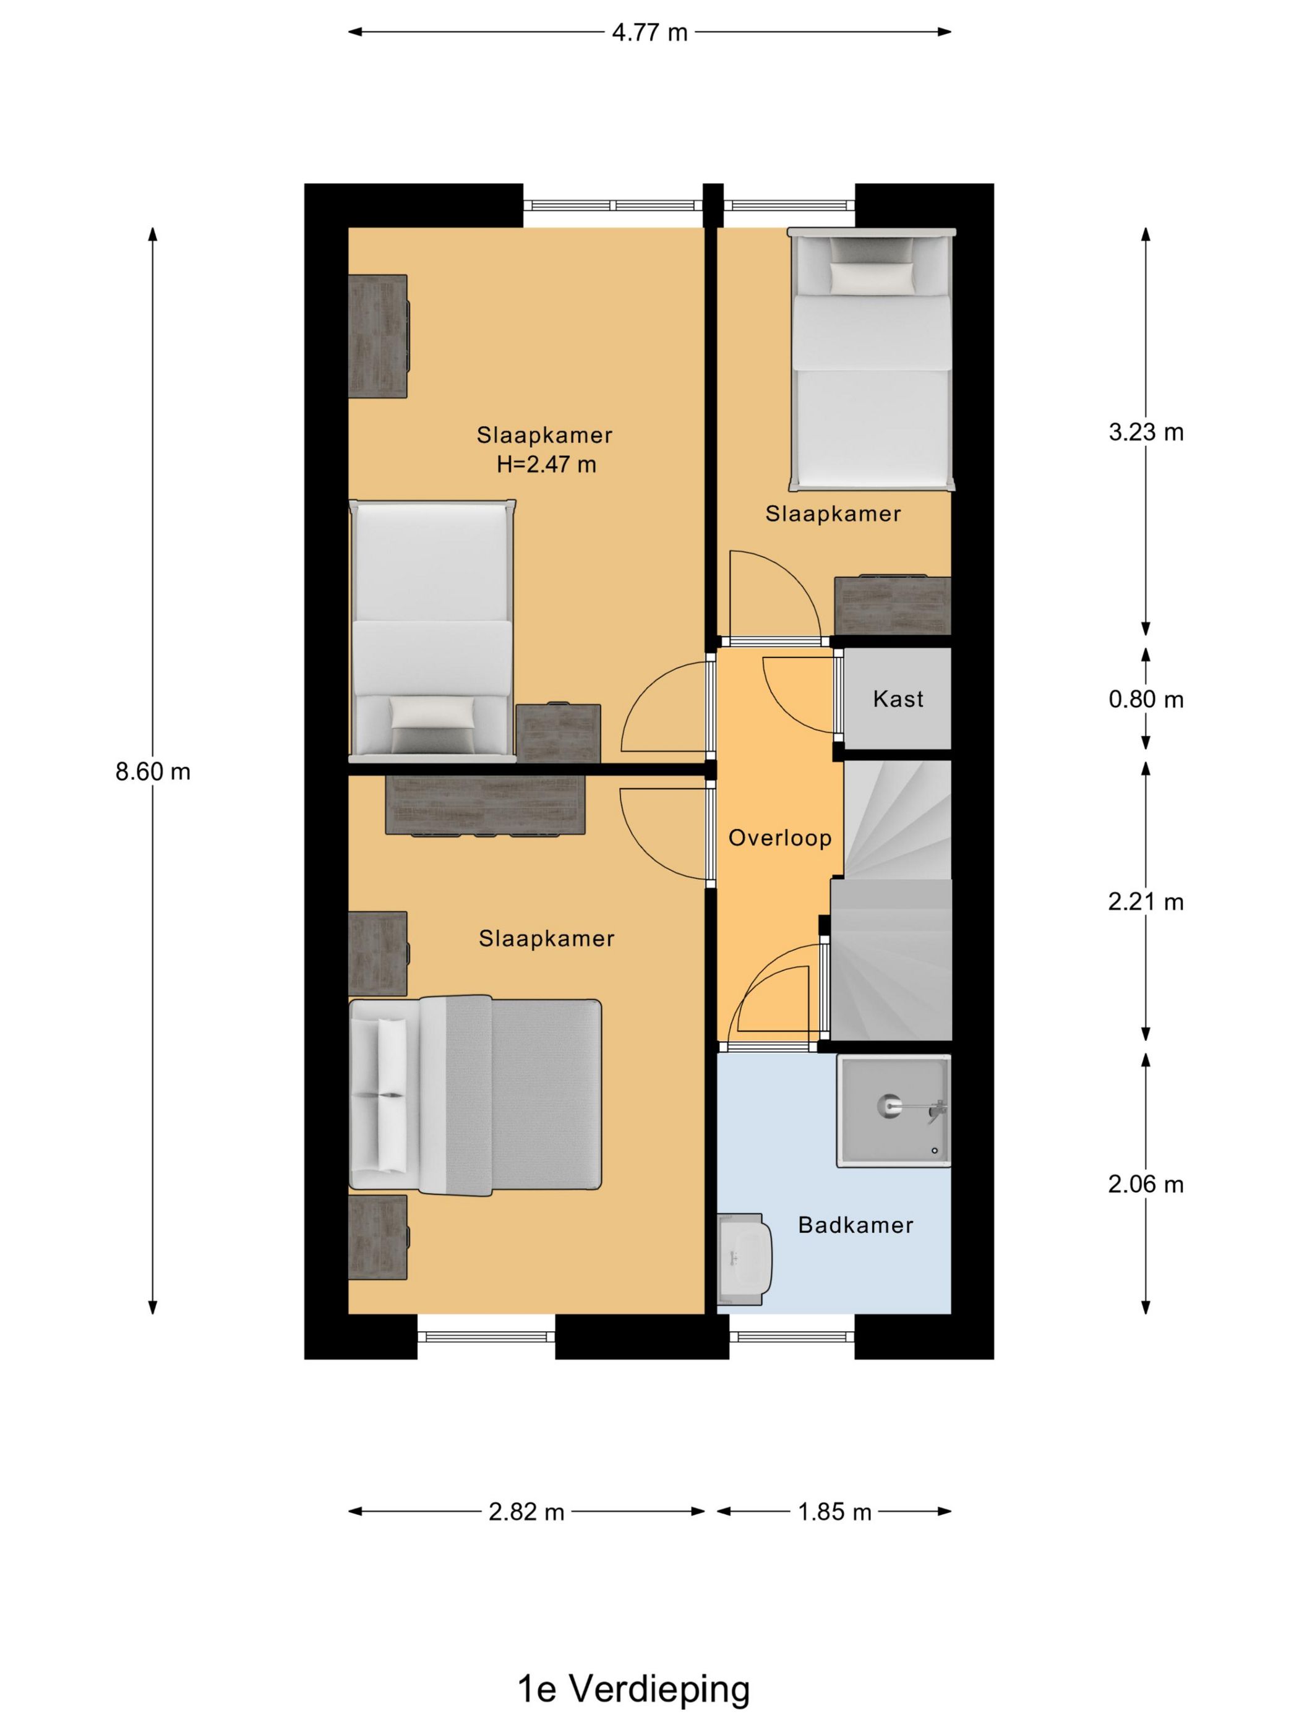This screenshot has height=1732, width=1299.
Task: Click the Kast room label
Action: tap(898, 698)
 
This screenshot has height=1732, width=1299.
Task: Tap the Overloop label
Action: tap(780, 839)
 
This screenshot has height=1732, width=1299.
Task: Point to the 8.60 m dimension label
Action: tap(153, 772)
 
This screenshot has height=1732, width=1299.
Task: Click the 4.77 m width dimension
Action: tap(650, 32)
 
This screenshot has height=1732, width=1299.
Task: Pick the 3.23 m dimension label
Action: tap(1146, 432)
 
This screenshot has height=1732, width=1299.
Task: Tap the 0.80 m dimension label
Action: tap(1146, 699)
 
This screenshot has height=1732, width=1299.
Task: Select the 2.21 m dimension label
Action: tap(1146, 902)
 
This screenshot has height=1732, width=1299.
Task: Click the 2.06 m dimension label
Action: tap(1146, 1185)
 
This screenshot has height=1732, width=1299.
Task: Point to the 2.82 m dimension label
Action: tap(526, 1512)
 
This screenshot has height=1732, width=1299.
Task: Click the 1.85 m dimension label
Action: tap(834, 1512)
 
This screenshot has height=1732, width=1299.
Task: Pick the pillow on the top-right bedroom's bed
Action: tap(872, 277)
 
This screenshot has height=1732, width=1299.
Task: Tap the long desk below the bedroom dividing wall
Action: tap(486, 804)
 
